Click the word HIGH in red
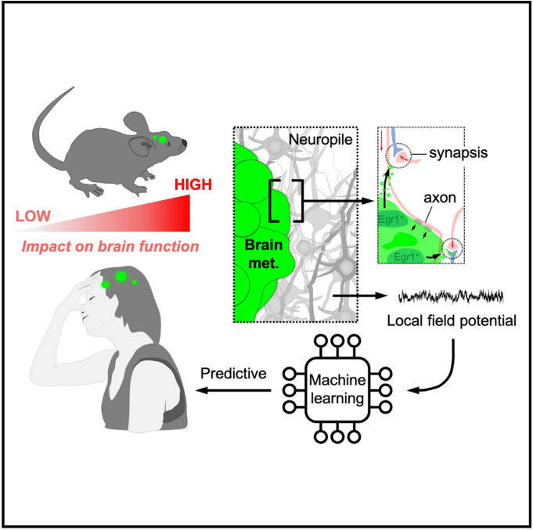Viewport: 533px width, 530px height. (193, 185)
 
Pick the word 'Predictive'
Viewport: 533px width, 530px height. (234, 374)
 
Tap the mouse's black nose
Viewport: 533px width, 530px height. (185, 144)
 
